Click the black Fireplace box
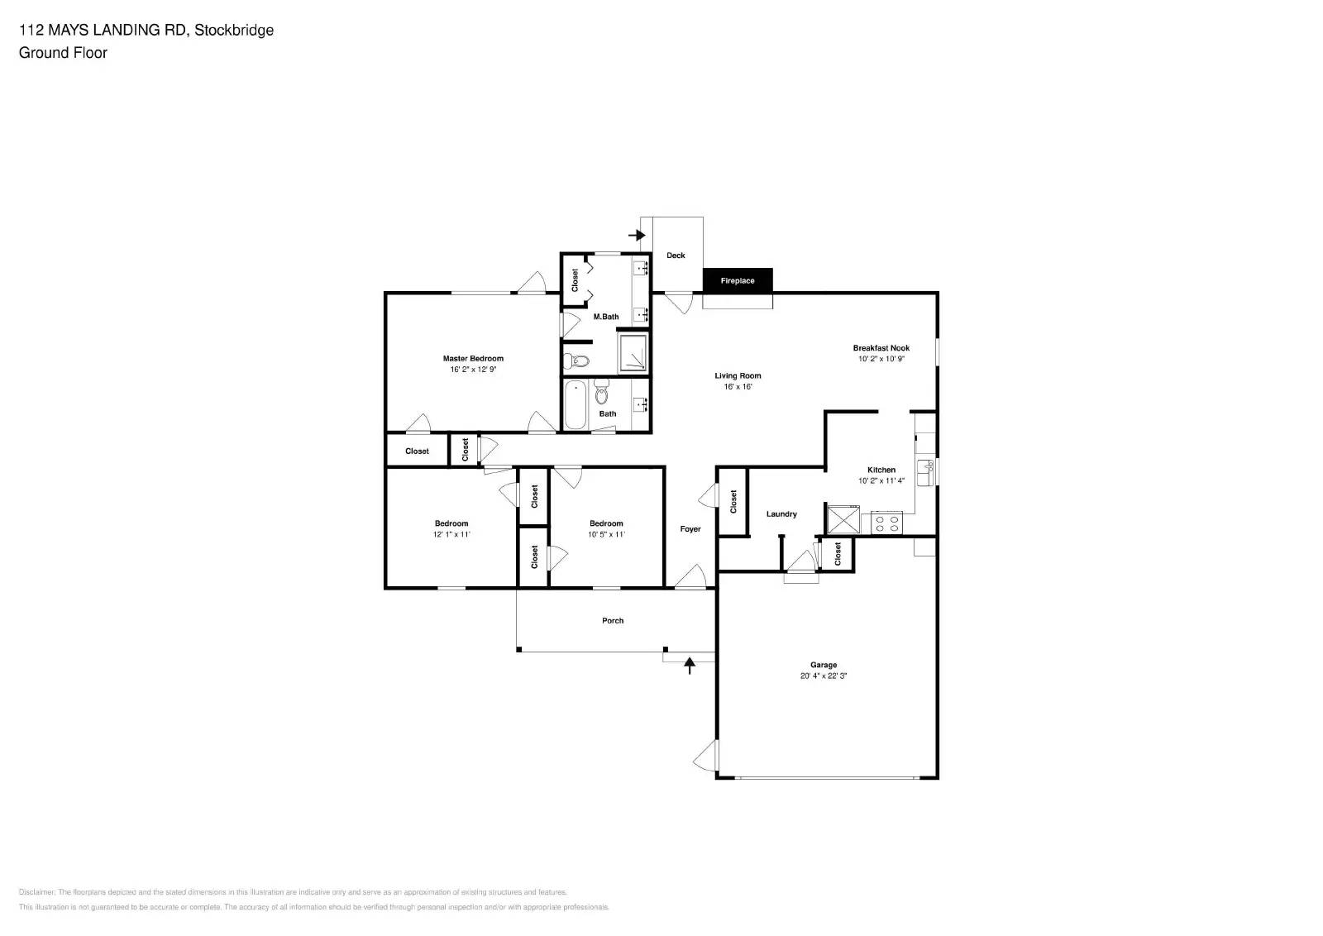(738, 280)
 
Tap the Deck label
(676, 255)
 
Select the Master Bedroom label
(473, 359)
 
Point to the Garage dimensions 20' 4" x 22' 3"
(824, 676)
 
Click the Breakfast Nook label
(881, 348)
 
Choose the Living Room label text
(738, 376)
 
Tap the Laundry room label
(781, 514)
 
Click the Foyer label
(690, 529)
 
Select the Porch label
(613, 621)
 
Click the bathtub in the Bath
(576, 405)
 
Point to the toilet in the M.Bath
(576, 361)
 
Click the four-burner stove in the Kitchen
(887, 523)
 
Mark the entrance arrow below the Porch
(690, 665)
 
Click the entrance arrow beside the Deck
(637, 236)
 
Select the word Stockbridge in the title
(234, 31)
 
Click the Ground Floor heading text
(63, 53)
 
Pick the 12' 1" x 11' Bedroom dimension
(451, 535)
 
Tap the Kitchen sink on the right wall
(925, 472)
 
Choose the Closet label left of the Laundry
(733, 501)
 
